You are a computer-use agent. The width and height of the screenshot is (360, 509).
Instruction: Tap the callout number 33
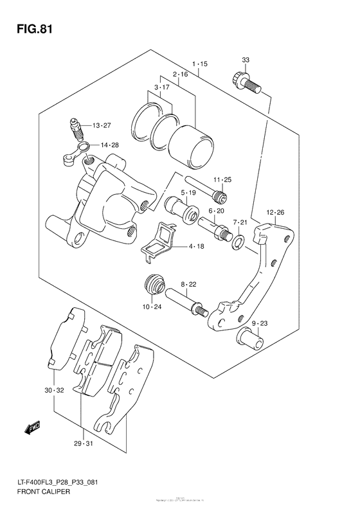245,60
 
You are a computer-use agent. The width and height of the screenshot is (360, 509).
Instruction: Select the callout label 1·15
199,64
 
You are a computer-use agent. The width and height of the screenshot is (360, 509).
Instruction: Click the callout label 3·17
161,87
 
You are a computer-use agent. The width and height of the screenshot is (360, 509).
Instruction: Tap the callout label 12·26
275,211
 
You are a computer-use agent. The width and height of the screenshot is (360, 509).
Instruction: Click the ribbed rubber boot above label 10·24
154,285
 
